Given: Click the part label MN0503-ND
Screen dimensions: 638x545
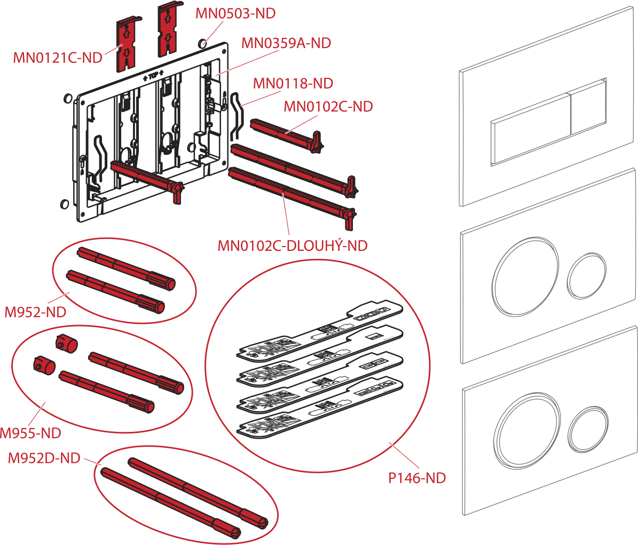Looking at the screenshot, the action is point(235,13).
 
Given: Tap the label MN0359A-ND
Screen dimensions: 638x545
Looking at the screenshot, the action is point(286,43).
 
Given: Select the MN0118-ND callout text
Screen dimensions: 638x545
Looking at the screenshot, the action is point(293,83).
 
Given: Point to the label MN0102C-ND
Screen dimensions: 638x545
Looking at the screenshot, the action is point(328,106).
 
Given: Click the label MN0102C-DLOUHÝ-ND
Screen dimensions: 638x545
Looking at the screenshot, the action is point(293,245).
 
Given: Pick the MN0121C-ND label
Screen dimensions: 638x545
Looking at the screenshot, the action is point(58,57).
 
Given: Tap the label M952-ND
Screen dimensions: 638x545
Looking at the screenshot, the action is point(35,312).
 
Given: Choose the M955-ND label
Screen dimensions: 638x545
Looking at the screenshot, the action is point(30,433).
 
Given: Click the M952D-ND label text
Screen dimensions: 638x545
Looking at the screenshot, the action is point(44,458).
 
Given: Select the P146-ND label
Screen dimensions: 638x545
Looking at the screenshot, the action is point(417,478).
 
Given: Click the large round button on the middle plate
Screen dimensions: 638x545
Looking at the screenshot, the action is point(527,277).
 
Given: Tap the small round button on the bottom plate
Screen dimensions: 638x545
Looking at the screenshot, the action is point(588,429).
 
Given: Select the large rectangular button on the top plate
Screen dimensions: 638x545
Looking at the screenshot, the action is point(531,129).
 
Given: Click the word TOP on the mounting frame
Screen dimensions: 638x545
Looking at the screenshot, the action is point(153,76).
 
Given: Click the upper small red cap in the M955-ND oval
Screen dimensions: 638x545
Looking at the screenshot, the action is point(66,343).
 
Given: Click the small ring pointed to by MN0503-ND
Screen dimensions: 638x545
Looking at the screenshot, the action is point(202,44).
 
